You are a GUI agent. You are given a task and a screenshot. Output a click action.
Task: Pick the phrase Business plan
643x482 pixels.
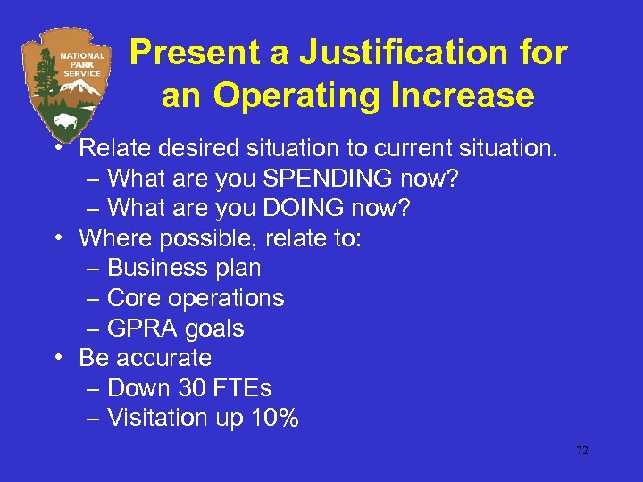click(184, 268)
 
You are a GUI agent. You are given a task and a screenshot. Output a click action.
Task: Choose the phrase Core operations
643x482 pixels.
click(196, 298)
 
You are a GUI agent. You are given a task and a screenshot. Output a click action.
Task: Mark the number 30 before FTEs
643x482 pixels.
click(194, 388)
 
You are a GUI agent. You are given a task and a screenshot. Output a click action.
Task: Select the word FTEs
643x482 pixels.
click(243, 388)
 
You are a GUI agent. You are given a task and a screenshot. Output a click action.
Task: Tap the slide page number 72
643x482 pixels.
click(582, 451)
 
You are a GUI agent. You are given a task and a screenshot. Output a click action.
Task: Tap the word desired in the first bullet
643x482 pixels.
click(186, 148)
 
